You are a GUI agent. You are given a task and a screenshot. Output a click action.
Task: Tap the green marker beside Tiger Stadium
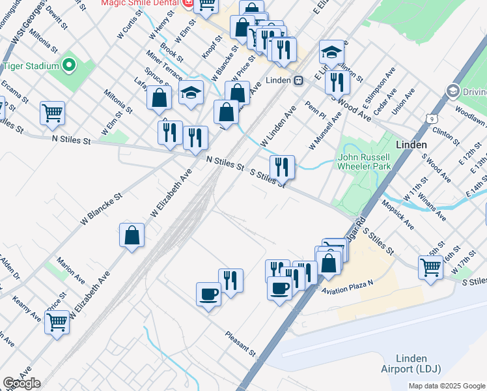tap(68, 66)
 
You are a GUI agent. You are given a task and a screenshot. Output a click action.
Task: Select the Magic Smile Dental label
tap(140, 3)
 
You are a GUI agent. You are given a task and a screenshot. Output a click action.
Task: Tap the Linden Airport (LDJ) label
tap(411, 364)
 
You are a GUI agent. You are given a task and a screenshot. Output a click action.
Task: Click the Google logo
tap(21, 383)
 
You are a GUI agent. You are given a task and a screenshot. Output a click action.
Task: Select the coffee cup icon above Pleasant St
tap(208, 293)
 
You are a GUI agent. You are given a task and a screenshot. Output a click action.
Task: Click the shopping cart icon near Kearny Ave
tap(57, 321)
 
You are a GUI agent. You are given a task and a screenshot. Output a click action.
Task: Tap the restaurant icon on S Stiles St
tap(282, 167)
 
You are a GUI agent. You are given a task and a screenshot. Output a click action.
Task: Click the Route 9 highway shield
tap(430, 118)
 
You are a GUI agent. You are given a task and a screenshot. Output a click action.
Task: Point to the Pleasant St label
tap(240, 343)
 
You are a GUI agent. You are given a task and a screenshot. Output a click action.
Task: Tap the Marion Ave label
tap(70, 270)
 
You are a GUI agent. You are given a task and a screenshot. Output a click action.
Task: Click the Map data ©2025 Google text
tap(446, 386)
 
